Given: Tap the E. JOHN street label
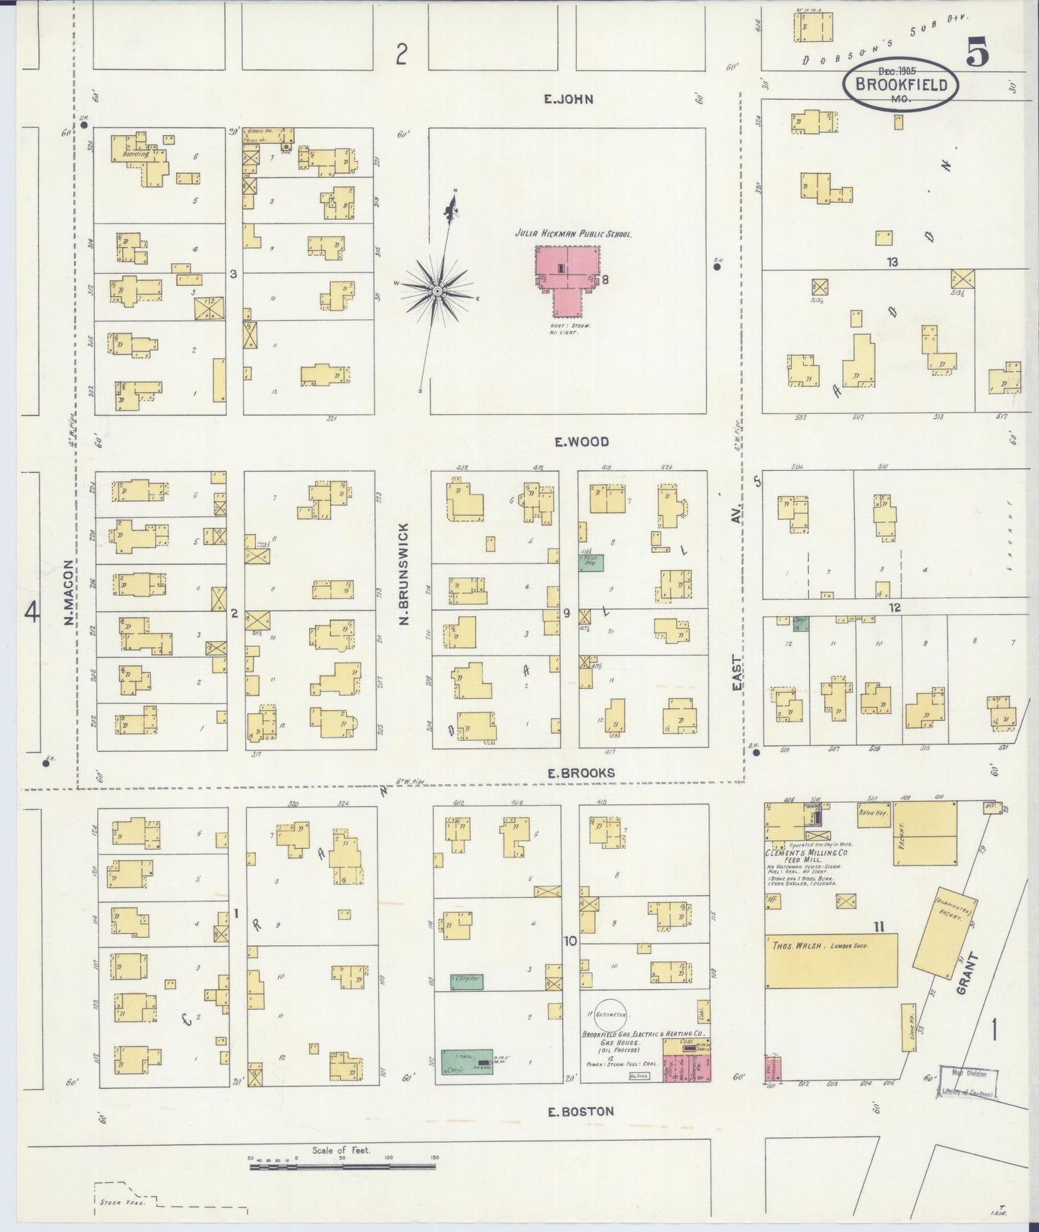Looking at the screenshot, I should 568,99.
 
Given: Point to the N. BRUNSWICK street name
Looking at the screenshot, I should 403,573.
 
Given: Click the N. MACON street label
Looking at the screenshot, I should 70,592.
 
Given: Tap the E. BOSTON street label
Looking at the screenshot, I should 580,1111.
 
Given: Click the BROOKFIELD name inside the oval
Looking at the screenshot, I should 900,84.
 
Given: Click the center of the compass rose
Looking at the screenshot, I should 436,290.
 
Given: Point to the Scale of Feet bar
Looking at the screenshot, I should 342,1166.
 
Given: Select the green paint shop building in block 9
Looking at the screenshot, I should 592,561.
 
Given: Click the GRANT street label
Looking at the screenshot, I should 968,975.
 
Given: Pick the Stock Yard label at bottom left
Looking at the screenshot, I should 114,1201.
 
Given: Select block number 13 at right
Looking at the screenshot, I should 892,262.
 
